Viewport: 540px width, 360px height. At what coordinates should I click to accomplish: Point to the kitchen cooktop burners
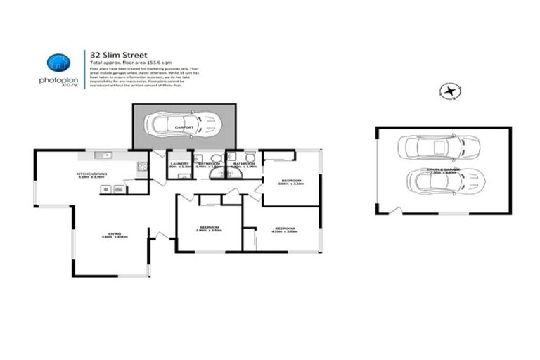tap(141, 167)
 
